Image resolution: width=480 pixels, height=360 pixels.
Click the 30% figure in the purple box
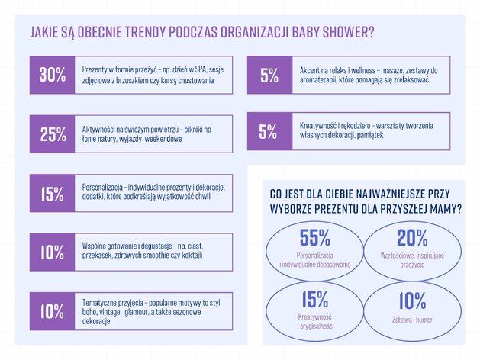[x=53, y=75]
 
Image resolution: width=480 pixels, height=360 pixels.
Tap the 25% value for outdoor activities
[x=53, y=134]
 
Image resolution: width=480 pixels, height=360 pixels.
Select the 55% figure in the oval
[x=314, y=238]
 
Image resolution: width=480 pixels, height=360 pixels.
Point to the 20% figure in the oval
[x=412, y=238]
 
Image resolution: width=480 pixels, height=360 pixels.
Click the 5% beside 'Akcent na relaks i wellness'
[x=269, y=76]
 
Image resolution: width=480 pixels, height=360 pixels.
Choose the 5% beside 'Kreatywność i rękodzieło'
[x=268, y=131]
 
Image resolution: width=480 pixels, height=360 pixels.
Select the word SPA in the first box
[x=201, y=69]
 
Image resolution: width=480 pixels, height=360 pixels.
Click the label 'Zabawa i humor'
[x=412, y=320]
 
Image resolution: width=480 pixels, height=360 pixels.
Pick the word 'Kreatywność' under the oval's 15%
[x=314, y=317]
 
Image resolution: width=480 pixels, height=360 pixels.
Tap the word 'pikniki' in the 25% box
[x=194, y=130]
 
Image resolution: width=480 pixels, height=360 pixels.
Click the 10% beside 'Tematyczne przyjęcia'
[x=53, y=311]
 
